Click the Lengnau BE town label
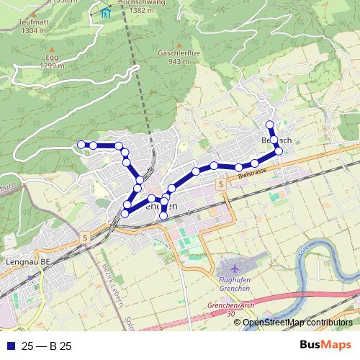point(27,263)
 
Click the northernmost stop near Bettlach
point(269,125)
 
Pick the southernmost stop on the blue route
point(163,215)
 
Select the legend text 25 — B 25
point(45,346)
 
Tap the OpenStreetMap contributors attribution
point(297,322)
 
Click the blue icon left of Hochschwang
point(107,11)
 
